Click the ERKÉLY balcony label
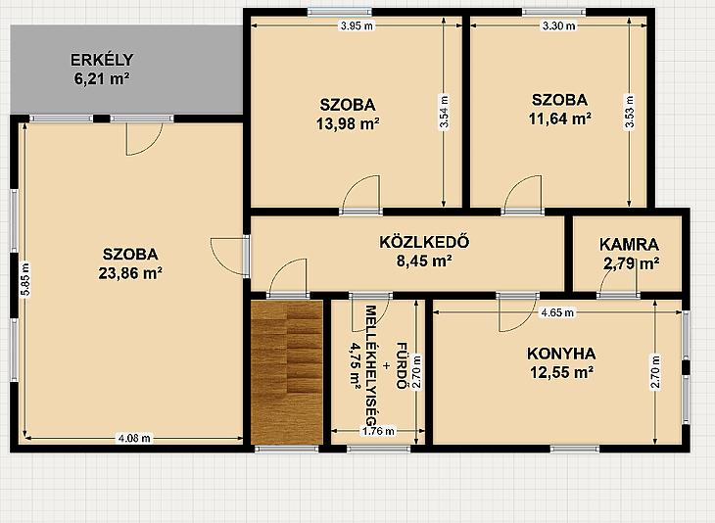tap(102, 60)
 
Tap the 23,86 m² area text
tap(130, 272)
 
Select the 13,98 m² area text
tap(348, 123)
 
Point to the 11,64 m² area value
tap(560, 119)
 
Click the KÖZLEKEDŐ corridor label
tap(424, 242)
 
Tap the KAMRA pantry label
tap(629, 245)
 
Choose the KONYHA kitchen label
tap(561, 354)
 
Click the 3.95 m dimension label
tap(357, 26)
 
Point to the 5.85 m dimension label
tap(26, 279)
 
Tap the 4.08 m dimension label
tap(134, 439)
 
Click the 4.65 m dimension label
tap(557, 312)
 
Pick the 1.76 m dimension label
tap(378, 431)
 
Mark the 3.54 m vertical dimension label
tap(444, 113)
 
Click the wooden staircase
tap(287, 371)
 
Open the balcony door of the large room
tap(144, 135)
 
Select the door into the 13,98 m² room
tap(361, 195)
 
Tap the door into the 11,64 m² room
tap(523, 195)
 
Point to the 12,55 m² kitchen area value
tap(561, 372)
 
